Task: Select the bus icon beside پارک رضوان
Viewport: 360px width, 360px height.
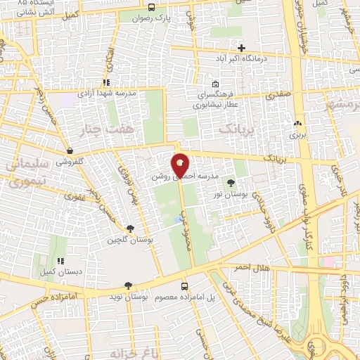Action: [151, 7]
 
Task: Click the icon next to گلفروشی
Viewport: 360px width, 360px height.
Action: [70, 150]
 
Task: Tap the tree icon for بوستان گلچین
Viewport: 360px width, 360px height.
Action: [130, 228]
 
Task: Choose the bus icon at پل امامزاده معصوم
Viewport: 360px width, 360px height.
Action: [184, 286]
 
